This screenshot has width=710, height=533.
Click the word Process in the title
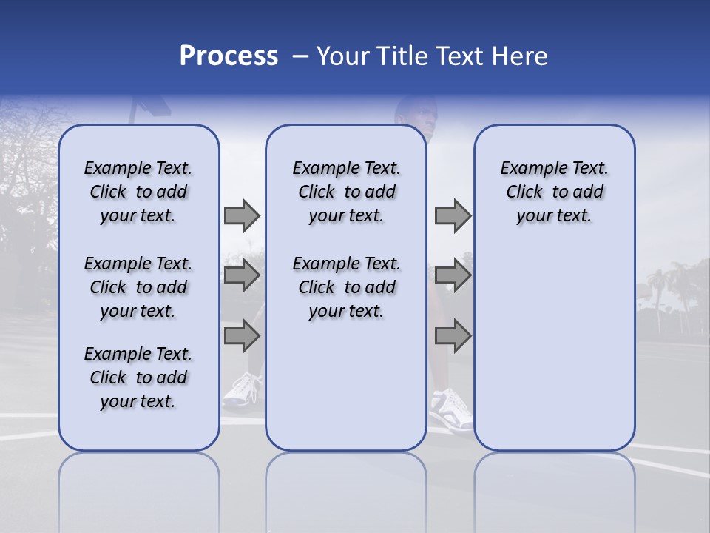pos(229,56)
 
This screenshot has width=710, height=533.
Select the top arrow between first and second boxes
pos(242,215)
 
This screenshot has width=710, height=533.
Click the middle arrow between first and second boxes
pos(242,276)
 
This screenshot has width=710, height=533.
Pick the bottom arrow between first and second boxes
pos(242,336)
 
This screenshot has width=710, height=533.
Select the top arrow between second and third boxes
pos(453,215)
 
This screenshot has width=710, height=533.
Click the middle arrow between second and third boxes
pos(453,276)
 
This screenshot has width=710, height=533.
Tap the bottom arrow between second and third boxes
pos(453,336)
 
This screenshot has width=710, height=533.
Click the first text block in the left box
pos(138,192)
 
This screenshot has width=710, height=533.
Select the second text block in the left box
pos(138,287)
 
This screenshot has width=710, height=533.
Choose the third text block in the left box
pos(138,378)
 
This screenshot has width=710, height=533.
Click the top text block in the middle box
pos(346,192)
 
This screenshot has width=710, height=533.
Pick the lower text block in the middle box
pos(346,287)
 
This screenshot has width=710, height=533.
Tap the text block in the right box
pos(554,192)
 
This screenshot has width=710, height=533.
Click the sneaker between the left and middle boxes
pos(243,390)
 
